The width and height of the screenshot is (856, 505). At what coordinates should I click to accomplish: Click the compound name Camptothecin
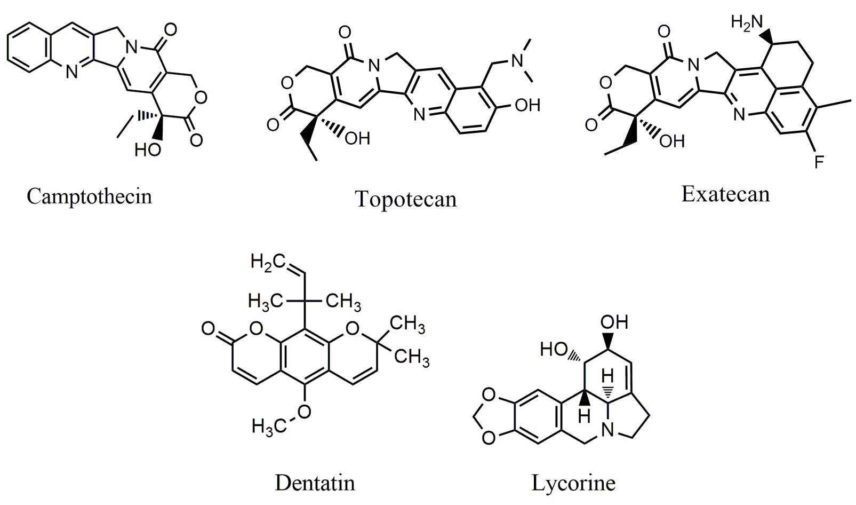(x=90, y=197)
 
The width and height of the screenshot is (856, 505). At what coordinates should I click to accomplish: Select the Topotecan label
(x=406, y=199)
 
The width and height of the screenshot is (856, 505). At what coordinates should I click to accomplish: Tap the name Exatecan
(x=725, y=194)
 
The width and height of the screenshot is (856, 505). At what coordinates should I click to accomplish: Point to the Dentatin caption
(x=315, y=483)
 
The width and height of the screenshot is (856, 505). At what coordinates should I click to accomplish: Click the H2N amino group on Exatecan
(x=747, y=22)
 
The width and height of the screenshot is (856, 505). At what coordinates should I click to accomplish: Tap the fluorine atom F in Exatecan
(x=819, y=162)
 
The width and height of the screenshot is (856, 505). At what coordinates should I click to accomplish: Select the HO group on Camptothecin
(x=148, y=150)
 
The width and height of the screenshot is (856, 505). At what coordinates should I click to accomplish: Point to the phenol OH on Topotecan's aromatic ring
(x=527, y=105)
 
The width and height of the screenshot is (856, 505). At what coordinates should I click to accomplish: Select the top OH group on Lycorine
(x=614, y=322)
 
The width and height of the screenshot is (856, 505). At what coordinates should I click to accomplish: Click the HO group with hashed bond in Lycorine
(x=554, y=349)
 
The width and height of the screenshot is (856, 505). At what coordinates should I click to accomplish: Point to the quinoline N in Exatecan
(x=739, y=114)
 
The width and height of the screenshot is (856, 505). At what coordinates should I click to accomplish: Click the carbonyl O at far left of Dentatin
(x=209, y=329)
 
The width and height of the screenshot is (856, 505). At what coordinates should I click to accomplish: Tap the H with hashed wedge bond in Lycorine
(x=607, y=376)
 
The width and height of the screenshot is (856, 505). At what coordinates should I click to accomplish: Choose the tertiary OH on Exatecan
(x=672, y=141)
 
